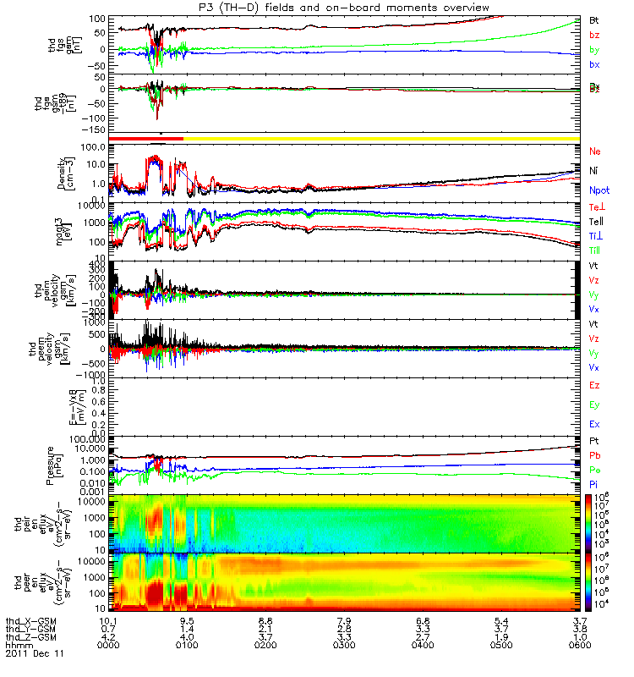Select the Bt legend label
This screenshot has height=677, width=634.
(x=594, y=19)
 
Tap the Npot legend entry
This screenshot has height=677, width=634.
(x=598, y=193)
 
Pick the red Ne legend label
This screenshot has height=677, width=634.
(x=594, y=151)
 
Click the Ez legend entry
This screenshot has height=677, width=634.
(x=594, y=386)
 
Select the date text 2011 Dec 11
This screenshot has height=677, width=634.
(x=34, y=654)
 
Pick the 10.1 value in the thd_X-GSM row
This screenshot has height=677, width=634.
(x=107, y=620)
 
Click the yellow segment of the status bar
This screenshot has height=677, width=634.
(x=380, y=137)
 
